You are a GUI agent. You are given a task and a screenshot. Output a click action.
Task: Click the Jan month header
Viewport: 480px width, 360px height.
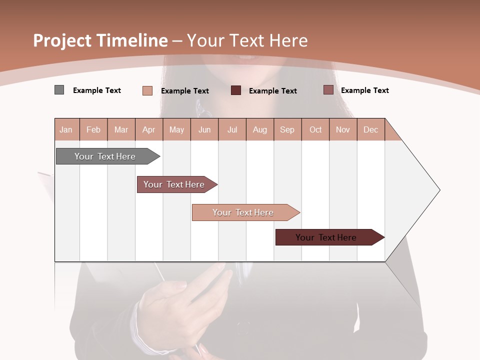click(66, 129)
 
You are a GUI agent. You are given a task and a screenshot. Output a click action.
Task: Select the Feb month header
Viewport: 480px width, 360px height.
click(93, 129)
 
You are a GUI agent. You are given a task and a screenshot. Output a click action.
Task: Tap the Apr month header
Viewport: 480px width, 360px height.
click(149, 129)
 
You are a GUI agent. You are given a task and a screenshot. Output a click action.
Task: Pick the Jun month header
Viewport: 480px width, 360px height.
click(204, 129)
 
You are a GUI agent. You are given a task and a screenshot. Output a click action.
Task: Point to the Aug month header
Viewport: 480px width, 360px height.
click(260, 129)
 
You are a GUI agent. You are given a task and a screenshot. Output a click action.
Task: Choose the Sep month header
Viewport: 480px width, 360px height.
click(287, 129)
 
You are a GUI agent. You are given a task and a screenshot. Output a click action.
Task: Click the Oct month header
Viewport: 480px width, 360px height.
click(315, 129)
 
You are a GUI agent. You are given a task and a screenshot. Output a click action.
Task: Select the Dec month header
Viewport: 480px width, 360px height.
click(370, 129)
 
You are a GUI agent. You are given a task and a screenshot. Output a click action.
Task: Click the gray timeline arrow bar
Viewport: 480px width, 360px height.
click(105, 156)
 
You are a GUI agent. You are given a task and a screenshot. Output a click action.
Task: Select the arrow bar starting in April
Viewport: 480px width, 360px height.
click(174, 184)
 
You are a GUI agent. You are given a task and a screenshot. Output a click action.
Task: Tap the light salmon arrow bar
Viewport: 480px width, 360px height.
click(243, 212)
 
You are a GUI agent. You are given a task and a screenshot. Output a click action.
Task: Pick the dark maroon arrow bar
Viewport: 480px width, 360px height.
click(326, 237)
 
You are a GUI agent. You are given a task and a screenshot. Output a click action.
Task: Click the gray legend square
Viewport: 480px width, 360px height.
click(59, 90)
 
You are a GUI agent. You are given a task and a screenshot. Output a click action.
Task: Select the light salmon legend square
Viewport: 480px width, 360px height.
click(147, 90)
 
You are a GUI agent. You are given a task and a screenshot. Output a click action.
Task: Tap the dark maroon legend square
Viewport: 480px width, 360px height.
click(236, 90)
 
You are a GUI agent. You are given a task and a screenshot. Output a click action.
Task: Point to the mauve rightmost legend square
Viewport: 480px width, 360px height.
click(328, 90)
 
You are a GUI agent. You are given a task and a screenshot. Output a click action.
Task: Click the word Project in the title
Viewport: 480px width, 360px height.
click(62, 40)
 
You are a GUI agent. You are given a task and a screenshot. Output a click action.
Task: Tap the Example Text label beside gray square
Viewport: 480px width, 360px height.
click(97, 90)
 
